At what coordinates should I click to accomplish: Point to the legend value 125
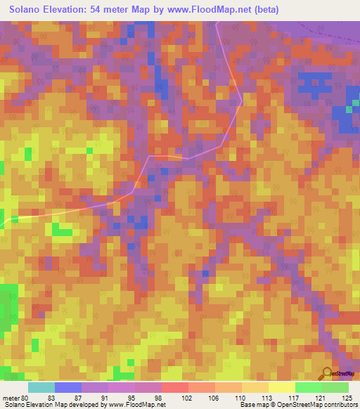tap(348, 397)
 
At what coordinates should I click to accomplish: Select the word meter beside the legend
tap(11, 397)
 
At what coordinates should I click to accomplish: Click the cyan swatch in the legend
tap(41, 387)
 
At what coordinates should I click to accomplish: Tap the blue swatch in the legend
tap(68, 387)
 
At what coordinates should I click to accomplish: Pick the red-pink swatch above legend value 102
tap(175, 387)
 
